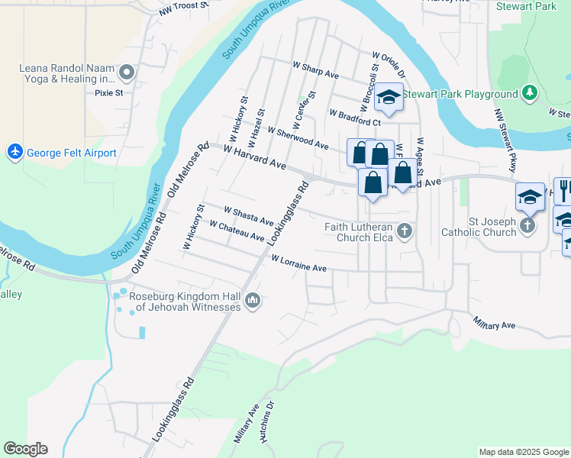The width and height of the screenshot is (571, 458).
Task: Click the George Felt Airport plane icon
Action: click(15, 152)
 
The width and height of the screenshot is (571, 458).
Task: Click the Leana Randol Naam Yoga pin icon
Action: click(127, 73)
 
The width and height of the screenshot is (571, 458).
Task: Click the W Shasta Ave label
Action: click(248, 215)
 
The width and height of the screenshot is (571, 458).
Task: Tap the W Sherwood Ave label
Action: click(298, 139)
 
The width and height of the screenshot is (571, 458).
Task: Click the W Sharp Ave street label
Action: click(315, 70)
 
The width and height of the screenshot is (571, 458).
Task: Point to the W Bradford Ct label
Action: click(355, 117)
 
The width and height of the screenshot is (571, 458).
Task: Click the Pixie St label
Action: click(109, 94)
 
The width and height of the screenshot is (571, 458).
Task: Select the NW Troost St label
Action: click(184, 8)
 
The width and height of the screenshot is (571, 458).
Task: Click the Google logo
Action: click(25, 449)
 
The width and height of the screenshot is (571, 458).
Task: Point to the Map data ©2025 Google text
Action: click(523, 452)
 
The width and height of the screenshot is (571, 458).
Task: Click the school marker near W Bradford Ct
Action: click(389, 97)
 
